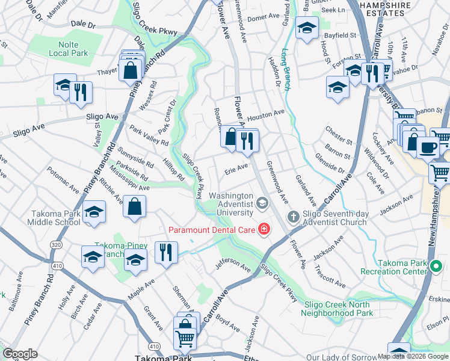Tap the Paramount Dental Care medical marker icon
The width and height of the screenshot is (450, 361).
(x=264, y=229)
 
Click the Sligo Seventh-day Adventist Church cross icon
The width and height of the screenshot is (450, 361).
(x=293, y=216)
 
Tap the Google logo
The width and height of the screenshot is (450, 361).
(x=20, y=354)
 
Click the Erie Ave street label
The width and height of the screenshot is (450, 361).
(x=236, y=168)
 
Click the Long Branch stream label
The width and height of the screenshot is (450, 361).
(x=286, y=69)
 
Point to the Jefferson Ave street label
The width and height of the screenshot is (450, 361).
(x=232, y=263)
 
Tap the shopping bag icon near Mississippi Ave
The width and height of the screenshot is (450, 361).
(x=134, y=206)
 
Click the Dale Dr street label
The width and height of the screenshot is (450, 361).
(x=83, y=25)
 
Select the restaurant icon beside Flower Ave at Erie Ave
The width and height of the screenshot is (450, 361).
(x=247, y=141)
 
